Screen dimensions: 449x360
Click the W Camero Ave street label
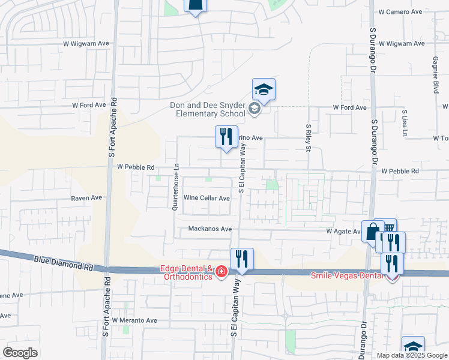coord(402,12)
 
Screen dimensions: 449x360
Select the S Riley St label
coord(308,137)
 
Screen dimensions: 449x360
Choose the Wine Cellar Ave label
coord(206,198)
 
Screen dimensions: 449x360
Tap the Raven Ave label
coord(86,198)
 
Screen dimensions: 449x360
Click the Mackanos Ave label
coord(209,229)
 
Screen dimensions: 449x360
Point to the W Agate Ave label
coord(343,231)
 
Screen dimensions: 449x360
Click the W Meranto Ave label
coord(134,320)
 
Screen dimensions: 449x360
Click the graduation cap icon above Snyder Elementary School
coord(264,89)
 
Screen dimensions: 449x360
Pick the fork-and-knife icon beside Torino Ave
coord(226,136)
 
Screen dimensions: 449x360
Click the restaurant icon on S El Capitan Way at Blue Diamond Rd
coord(242,259)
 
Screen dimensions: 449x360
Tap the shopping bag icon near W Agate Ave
coord(372,230)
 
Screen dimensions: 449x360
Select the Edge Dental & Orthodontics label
coord(187,272)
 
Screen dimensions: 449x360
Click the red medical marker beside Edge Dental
coord(221,272)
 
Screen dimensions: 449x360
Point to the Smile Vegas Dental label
coord(346,276)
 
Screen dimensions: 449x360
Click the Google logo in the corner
coord(20,353)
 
